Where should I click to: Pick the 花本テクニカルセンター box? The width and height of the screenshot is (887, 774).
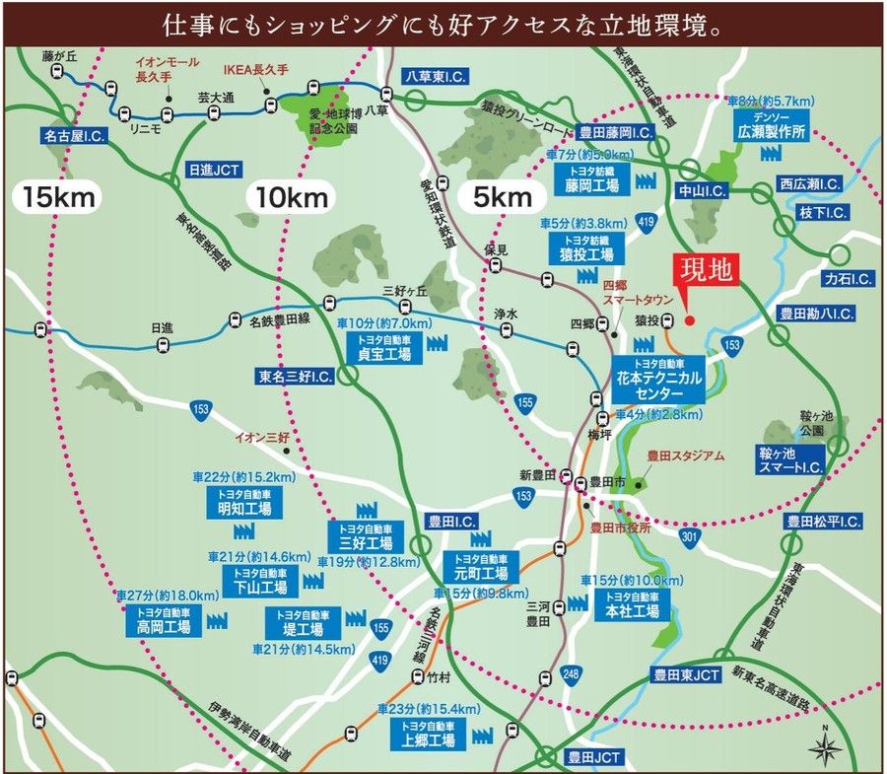tap(657, 379)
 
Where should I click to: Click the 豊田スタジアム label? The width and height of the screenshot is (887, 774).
tap(685, 456)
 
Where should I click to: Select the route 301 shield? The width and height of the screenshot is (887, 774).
tap(689, 536)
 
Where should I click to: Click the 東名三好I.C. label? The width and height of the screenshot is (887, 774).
tap(295, 377)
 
